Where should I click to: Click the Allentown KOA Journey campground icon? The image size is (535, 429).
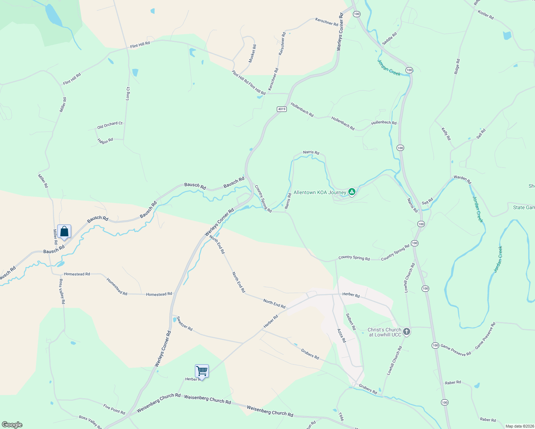coord(352,192)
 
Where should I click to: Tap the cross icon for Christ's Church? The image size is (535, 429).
coord(406,332)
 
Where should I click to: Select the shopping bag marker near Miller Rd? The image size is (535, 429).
coord(64,232)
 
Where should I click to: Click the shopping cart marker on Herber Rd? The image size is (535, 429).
coord(202,371)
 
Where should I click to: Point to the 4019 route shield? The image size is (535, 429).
coord(282,109)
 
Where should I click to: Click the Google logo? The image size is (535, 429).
coord(12,424)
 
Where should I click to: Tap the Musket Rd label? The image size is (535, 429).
coord(252,54)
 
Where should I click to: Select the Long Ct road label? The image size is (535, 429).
coord(128,93)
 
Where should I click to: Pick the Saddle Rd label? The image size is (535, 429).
coord(389,39)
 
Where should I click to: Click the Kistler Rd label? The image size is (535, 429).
coord(486,15)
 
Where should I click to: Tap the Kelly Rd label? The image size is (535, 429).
coord(446,134)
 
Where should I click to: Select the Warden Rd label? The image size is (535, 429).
coord(462,179)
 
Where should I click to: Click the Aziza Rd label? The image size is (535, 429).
coord(342,336)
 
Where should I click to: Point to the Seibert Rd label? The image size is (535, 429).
coord(351,322)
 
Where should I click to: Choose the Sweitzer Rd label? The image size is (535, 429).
coord(185,324)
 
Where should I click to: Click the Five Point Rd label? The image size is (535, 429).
coord(114,409)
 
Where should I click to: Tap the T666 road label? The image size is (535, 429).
coord(341,417)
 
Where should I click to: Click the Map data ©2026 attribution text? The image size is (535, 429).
coord(520,426)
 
